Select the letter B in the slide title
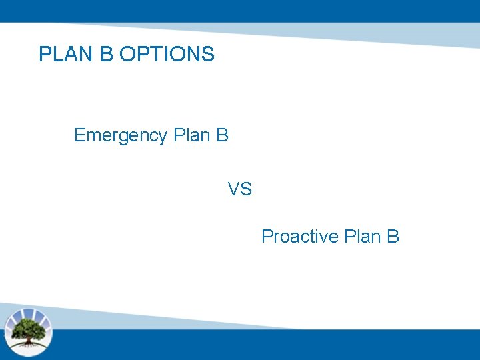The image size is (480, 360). coord(107,54)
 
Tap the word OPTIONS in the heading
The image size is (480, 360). coord(167,54)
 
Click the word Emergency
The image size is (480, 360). coord(121,136)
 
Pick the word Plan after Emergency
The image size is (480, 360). coord(191,135)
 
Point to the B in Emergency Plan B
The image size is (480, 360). coord(223,135)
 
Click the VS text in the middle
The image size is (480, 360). coord(240,190)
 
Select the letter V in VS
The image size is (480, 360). coord(234,190)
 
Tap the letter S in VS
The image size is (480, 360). coord(246,190)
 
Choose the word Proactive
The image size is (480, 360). coord(300,237)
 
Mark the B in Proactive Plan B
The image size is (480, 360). coord(393,237)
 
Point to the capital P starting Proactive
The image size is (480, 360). coord(267,237)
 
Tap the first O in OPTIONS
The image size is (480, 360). coord(127,54)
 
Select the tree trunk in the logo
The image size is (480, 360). coord(28,337)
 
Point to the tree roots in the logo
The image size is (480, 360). coord(28,343)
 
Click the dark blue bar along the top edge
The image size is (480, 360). coord(240,10)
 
